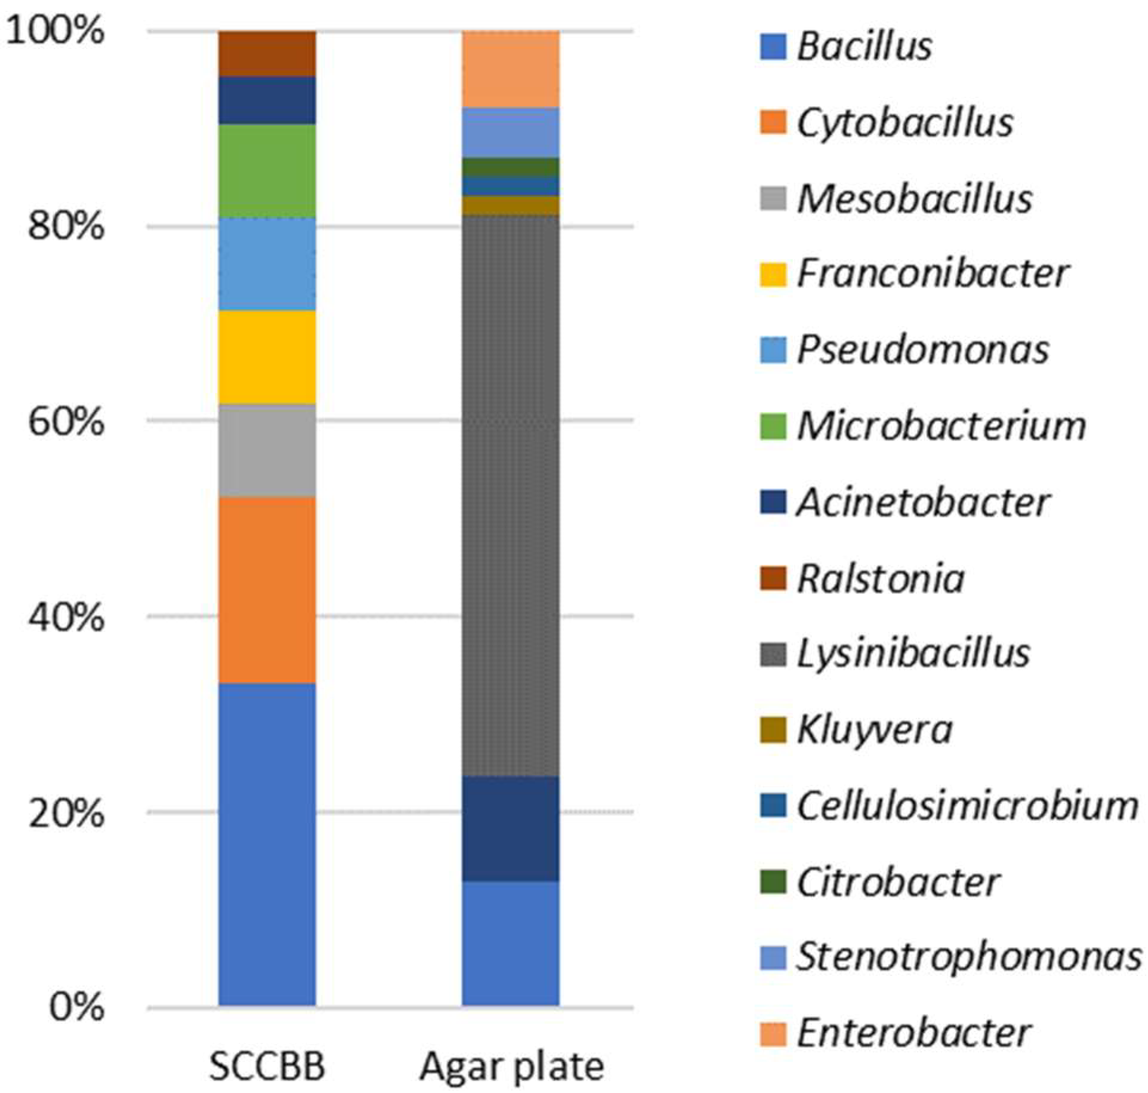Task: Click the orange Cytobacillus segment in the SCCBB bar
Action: pos(267,589)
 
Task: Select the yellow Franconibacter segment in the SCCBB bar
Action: pos(267,356)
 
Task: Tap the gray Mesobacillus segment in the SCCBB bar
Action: pos(267,450)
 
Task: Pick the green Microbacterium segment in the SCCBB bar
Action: pos(267,170)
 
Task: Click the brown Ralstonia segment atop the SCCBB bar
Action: pos(267,53)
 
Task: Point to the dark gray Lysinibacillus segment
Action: pos(511,495)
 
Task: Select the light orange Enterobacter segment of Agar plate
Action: pos(511,69)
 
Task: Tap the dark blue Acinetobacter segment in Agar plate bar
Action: pos(511,828)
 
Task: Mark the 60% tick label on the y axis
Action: pos(66,422)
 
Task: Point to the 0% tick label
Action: pos(76,1008)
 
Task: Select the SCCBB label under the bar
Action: pos(267,1067)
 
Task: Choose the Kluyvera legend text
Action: pos(874,730)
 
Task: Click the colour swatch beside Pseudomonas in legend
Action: pos(773,350)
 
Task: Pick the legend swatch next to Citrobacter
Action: pos(773,882)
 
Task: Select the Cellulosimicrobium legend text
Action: pos(967,806)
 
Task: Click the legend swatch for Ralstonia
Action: pos(773,578)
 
